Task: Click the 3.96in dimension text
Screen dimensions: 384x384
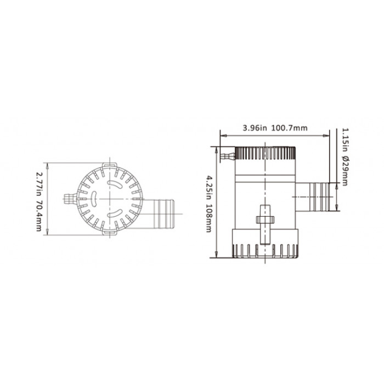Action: pos(255,128)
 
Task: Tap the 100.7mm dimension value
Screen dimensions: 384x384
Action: pos(289,128)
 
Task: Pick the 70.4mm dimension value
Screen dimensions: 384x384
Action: pos(39,216)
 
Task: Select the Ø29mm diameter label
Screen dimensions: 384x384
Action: pos(345,171)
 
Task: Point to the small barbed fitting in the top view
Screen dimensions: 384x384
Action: pos(71,199)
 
